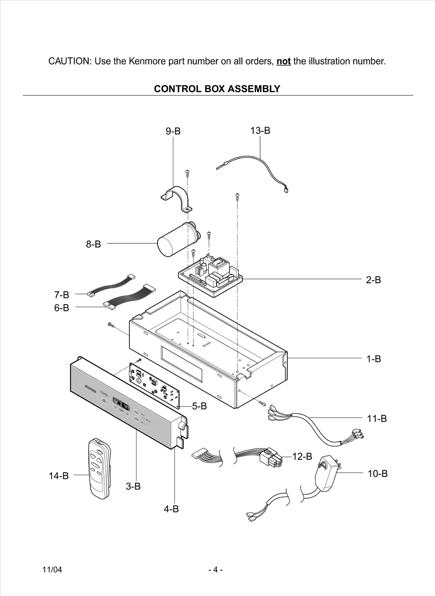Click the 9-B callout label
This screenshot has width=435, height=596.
[173, 132]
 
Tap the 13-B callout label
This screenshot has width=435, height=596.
[260, 131]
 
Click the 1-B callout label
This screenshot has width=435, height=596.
[373, 359]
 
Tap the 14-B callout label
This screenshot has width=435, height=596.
[58, 476]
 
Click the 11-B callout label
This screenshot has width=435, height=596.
[377, 418]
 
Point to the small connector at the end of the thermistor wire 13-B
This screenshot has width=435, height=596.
[286, 191]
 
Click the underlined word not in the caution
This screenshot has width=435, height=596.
[283, 61]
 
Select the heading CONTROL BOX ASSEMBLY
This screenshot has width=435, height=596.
[217, 89]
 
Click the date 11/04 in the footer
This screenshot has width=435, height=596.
[52, 570]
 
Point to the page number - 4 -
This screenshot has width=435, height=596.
[216, 570]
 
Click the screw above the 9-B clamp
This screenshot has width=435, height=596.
[187, 173]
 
